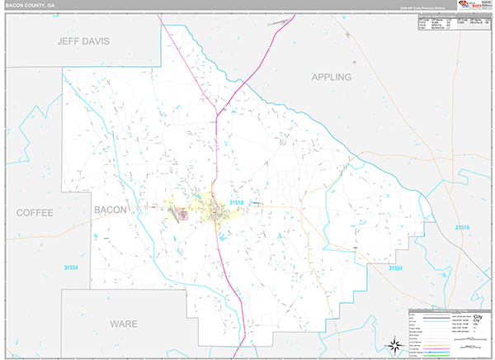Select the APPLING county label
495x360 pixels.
(331, 77)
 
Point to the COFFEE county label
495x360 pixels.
(35, 212)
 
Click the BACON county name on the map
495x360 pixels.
(111, 210)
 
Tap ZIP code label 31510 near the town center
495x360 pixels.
(237, 202)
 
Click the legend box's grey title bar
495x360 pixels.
(450, 310)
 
